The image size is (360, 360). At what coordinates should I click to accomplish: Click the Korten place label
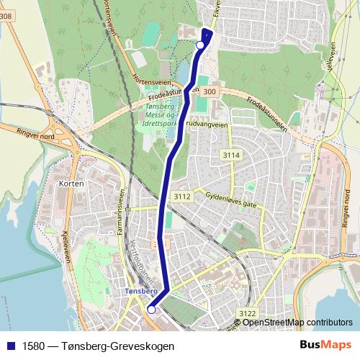[x=74, y=184]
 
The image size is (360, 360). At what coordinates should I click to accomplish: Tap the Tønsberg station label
[x=140, y=291]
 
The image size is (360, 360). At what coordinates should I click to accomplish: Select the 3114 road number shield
[x=231, y=155]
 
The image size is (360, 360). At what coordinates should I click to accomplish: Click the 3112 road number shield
[x=181, y=196]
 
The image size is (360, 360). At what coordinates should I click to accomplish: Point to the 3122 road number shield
[x=248, y=312]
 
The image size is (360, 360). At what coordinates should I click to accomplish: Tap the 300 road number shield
[x=209, y=92]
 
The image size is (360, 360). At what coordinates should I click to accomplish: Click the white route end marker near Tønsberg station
[x=151, y=310]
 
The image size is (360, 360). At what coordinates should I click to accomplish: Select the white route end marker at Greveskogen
[x=200, y=45]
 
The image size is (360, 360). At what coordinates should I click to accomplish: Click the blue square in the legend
[x=11, y=346]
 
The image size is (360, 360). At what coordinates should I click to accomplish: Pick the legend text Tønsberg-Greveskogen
[x=98, y=346]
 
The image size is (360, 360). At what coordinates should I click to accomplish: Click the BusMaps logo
[x=326, y=345]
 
